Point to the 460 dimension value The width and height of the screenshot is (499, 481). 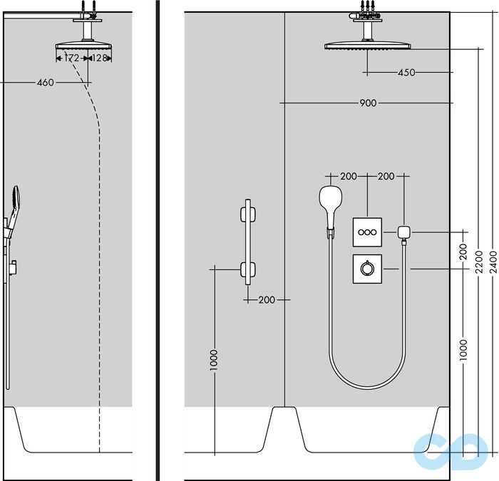click(x=45, y=83)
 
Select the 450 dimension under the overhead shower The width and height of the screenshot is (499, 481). click(x=406, y=72)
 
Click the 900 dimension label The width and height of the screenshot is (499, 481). click(x=367, y=103)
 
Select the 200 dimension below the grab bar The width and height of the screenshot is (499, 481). click(x=266, y=300)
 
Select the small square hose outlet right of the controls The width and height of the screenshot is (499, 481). click(x=404, y=232)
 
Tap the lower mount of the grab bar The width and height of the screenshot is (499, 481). click(x=247, y=269)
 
